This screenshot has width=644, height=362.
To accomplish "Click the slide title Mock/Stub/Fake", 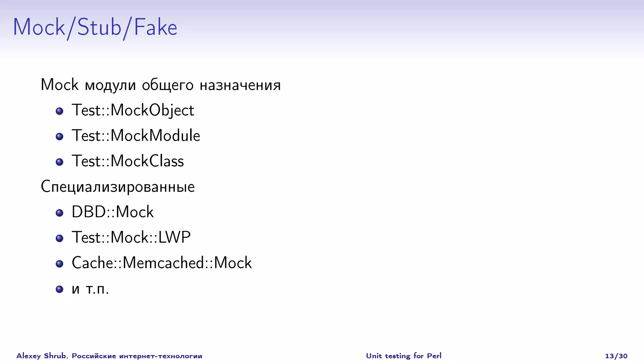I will coord(95,27).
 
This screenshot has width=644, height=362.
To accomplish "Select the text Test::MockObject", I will coord(133,110).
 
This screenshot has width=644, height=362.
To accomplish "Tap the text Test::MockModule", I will coord(136,136).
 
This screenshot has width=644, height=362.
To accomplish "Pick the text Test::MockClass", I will coord(128,161).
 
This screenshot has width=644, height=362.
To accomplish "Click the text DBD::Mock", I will coord(113,212).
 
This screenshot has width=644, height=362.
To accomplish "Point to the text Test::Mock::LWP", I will coord(131,238).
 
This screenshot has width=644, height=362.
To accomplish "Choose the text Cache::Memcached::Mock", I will coord(162,263).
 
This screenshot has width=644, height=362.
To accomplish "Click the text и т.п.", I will coord(90,289).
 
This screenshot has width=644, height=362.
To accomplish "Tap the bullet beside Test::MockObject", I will coord(59,111).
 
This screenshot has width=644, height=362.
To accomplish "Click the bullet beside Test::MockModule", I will coord(59,136).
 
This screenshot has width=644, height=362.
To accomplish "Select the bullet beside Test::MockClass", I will coord(59,162).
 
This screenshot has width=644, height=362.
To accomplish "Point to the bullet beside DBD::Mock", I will coord(59,213).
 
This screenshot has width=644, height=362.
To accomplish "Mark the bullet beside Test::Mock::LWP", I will coord(59,238).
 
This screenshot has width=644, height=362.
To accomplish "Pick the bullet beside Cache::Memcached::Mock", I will coord(59,264).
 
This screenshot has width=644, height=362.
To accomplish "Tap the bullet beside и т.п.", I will coord(59,289).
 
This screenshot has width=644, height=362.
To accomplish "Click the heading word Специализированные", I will coord(118,187).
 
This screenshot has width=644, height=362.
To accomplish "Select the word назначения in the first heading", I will coord(240,85).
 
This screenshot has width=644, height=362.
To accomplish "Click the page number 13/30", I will coord(616,356).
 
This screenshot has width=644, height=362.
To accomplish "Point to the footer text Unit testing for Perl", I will coord(403,356).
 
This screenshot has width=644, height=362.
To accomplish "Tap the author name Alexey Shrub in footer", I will coord(41,356).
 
